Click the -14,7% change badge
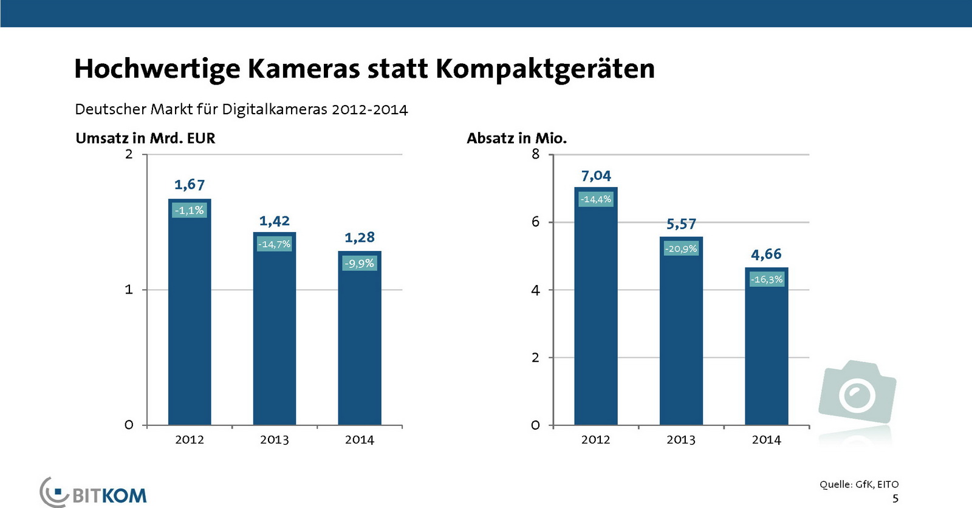coord(275,244)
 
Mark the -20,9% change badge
coord(681,249)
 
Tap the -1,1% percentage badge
coord(190,210)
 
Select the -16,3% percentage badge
coord(767,280)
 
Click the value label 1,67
coord(190,185)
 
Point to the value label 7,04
coord(596,176)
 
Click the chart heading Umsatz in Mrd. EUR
coord(145,139)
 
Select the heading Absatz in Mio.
coord(516,139)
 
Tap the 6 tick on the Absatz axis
coord(535,222)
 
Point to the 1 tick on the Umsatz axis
coord(129,290)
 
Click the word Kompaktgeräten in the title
coord(545,69)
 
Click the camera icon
coord(857,392)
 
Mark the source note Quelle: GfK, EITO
coord(858,484)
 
